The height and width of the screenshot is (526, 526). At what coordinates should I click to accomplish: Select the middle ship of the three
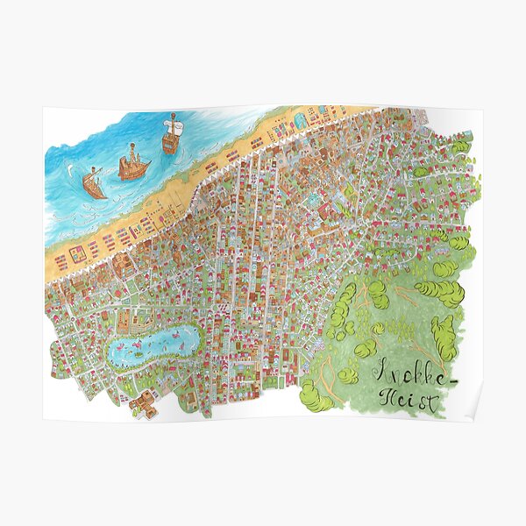[x=133, y=167]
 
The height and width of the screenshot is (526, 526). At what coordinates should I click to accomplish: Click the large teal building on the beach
[x=302, y=118]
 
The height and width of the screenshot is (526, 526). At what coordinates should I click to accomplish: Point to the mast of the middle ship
[x=131, y=153]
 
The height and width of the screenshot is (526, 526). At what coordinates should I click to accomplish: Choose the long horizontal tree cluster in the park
[x=438, y=291]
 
